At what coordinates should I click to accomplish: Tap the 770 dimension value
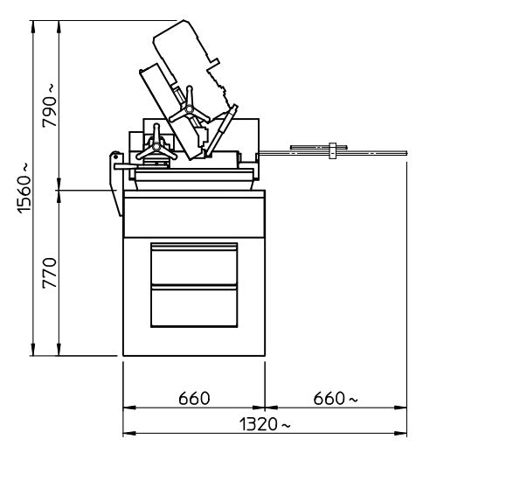tap(50, 273)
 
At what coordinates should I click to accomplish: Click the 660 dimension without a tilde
tap(194, 399)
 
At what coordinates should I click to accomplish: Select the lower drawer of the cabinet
tap(194, 306)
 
